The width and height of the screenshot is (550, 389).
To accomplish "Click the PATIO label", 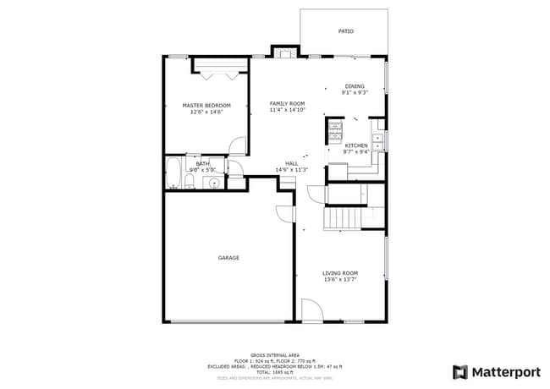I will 346,31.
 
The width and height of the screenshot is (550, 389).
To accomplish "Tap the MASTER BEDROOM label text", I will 206,105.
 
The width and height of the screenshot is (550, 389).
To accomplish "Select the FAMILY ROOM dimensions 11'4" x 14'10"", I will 287,110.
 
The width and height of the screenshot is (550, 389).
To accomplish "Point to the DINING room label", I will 355,86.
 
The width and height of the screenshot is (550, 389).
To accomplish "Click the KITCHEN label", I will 356,145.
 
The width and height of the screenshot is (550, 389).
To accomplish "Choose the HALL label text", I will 291,163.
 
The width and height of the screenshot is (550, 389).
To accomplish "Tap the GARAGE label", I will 228,258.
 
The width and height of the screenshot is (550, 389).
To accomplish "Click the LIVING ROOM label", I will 340,273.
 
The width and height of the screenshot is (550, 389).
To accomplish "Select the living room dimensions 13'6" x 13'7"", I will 340,280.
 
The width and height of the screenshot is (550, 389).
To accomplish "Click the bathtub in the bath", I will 173,174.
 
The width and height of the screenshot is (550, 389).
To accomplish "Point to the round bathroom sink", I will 214,183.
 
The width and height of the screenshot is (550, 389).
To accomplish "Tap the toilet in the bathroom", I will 192,182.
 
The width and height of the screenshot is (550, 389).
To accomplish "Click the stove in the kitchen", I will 334,131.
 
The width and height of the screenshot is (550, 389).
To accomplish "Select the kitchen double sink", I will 378,142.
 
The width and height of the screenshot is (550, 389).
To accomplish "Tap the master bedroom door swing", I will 237,145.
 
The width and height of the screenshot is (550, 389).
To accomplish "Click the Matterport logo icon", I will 459,371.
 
